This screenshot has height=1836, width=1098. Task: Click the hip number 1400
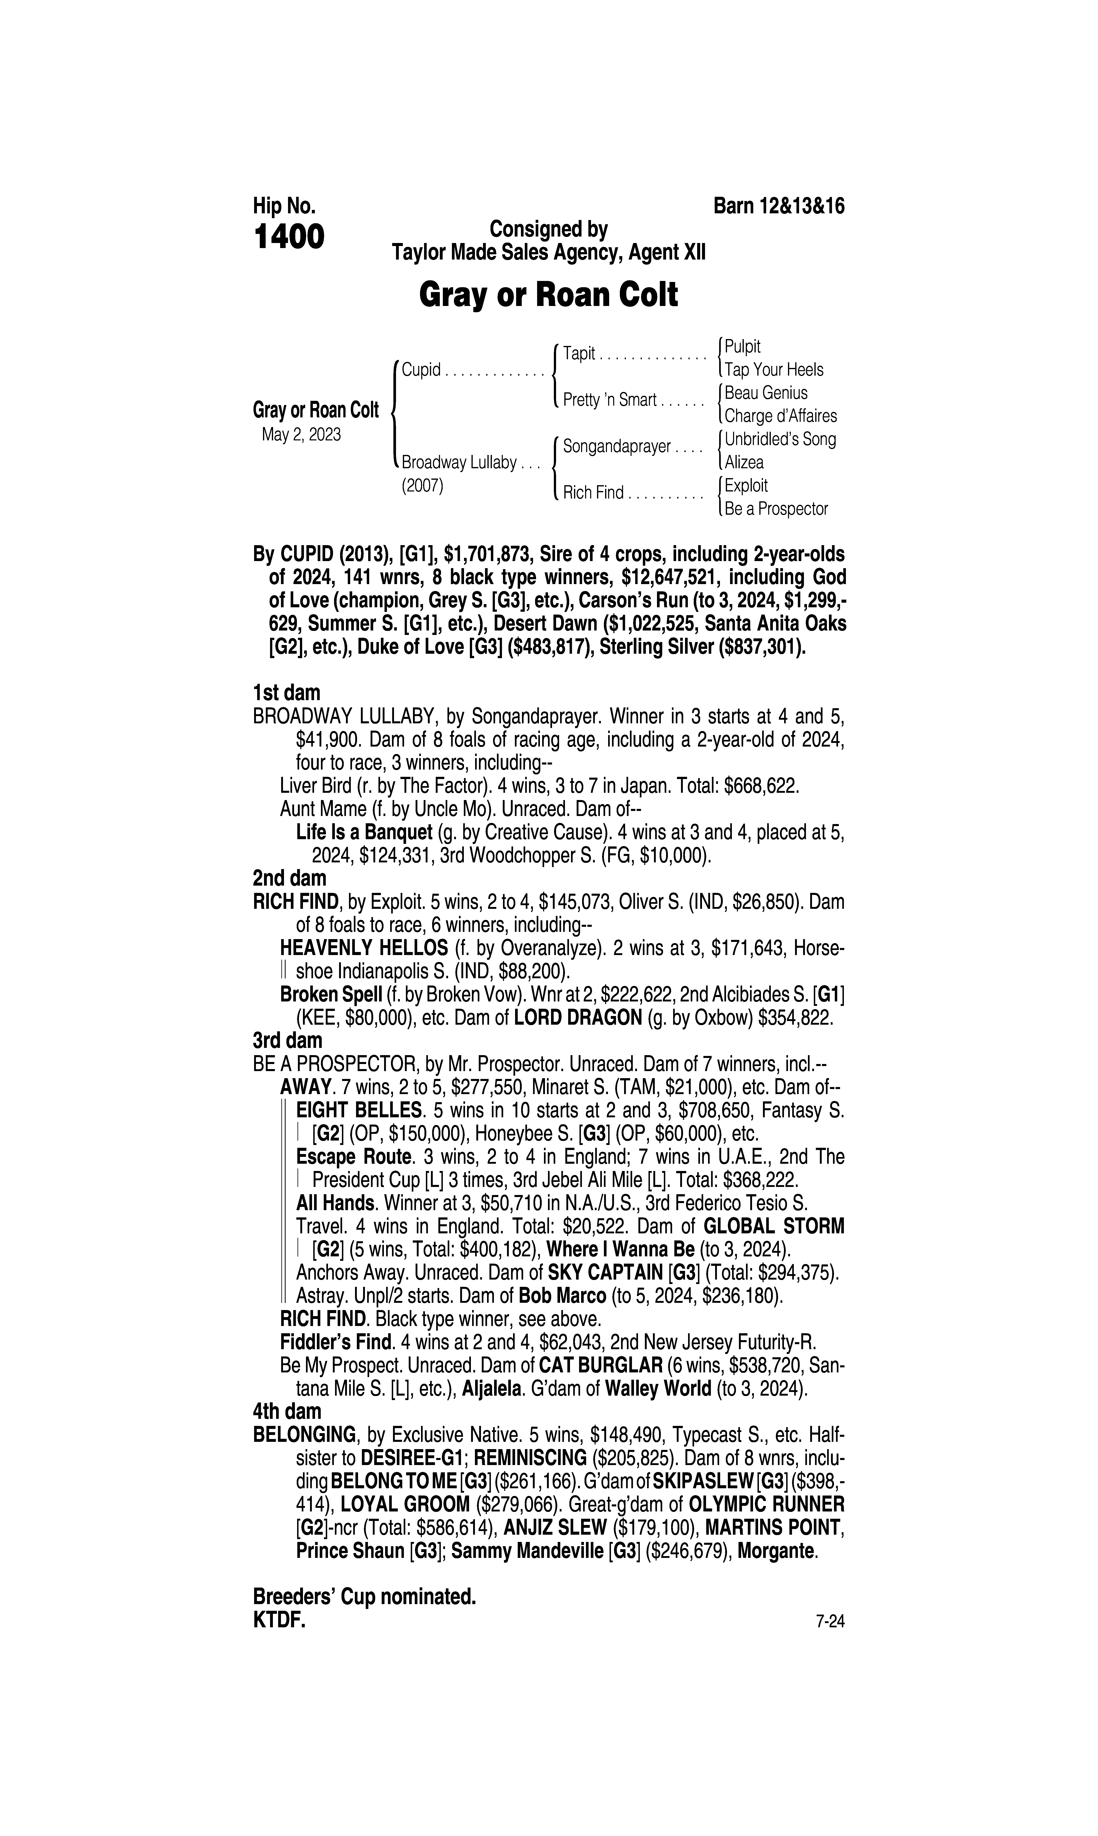coord(289,238)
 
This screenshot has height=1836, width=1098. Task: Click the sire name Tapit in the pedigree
coord(579,354)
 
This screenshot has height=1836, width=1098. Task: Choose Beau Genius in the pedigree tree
coord(766,393)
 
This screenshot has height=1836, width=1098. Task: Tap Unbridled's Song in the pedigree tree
coord(780,439)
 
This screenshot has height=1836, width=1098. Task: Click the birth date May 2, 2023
coord(301,435)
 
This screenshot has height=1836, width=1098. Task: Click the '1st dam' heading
coord(286,693)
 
